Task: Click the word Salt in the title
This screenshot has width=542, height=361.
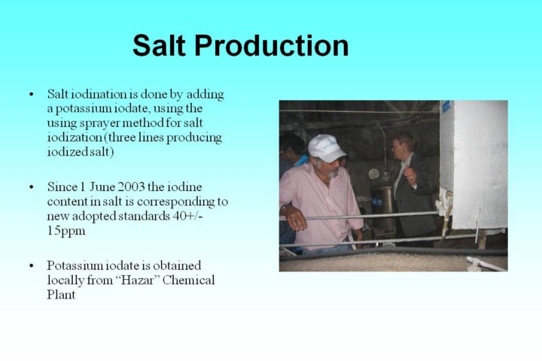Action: [159, 45]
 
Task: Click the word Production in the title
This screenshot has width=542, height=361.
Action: [272, 45]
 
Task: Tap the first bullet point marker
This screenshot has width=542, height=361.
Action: [32, 94]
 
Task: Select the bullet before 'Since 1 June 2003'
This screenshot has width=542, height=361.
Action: [32, 187]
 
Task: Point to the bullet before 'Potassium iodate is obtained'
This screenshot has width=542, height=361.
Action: [32, 265]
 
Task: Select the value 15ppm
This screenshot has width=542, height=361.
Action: [66, 231]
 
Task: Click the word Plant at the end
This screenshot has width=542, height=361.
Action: [61, 294]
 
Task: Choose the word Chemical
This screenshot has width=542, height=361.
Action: [188, 280]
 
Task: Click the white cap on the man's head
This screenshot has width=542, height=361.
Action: [326, 148]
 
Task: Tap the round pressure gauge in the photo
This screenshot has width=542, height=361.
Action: [373, 174]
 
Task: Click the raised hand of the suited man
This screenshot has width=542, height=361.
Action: [410, 175]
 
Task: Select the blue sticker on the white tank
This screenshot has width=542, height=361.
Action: [446, 106]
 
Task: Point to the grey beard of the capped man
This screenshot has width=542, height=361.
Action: [333, 172]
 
